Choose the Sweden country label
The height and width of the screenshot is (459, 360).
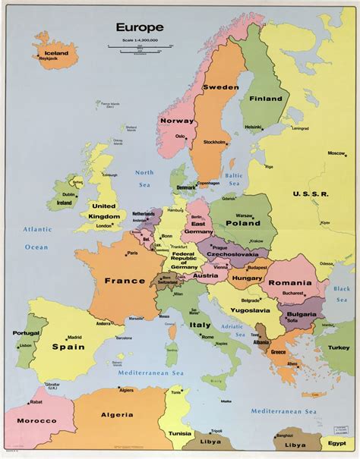220,87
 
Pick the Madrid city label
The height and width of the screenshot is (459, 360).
74,338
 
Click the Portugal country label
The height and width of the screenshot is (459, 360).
25,333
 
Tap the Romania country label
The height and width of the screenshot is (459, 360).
290,282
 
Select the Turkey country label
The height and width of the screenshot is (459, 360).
339,347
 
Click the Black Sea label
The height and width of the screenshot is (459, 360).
342,294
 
